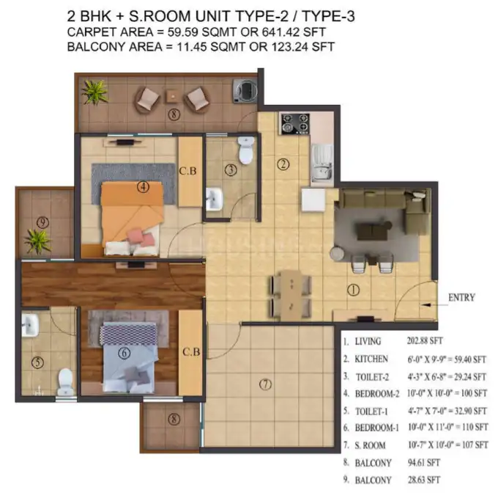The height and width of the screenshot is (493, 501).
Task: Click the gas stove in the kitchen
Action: pyautogui.click(x=295, y=123)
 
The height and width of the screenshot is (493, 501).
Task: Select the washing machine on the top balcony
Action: pyautogui.click(x=245, y=90)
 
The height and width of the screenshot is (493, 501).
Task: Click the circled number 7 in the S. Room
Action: pyautogui.click(x=266, y=384)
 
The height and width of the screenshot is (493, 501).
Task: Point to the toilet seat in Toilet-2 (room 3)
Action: pyautogui.click(x=245, y=150)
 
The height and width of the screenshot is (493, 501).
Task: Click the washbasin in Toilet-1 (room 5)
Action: pyautogui.click(x=30, y=324)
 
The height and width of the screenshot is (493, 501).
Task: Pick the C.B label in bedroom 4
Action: pyautogui.click(x=188, y=171)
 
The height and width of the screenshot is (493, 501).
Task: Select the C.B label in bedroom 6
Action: pyautogui.click(x=191, y=352)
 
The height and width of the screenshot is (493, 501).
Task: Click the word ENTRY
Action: pyautogui.click(x=461, y=297)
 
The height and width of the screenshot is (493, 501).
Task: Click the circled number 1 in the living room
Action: pyautogui.click(x=353, y=290)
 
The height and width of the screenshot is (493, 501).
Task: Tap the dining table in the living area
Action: pyautogui.click(x=291, y=295)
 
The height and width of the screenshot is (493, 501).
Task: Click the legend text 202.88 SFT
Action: pyautogui.click(x=425, y=340)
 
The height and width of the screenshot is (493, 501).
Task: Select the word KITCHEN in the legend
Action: pyautogui.click(x=371, y=359)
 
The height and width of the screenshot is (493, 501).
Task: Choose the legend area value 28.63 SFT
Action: pyautogui.click(x=423, y=480)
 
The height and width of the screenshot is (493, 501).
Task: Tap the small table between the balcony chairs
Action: pyautogui.click(x=173, y=96)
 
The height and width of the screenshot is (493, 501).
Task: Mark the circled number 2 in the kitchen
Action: pyautogui.click(x=283, y=164)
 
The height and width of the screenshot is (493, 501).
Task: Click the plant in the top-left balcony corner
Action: pyautogui.click(x=94, y=92)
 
